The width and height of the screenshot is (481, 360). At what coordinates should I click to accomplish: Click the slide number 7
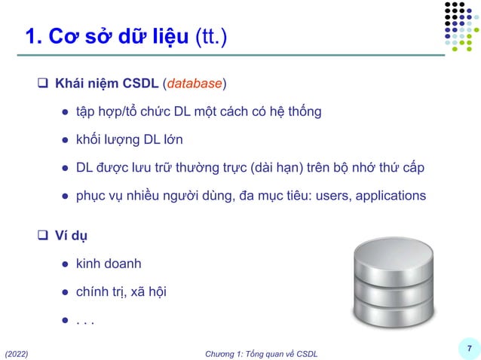pyautogui.click(x=469, y=348)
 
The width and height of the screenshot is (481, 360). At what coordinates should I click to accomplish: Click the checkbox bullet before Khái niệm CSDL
pyautogui.click(x=44, y=81)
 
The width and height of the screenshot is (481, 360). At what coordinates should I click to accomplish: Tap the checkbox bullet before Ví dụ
pyautogui.click(x=44, y=235)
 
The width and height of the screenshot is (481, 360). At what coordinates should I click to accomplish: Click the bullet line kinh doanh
pyautogui.click(x=108, y=264)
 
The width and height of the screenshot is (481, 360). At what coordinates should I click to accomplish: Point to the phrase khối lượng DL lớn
pyautogui.click(x=128, y=140)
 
